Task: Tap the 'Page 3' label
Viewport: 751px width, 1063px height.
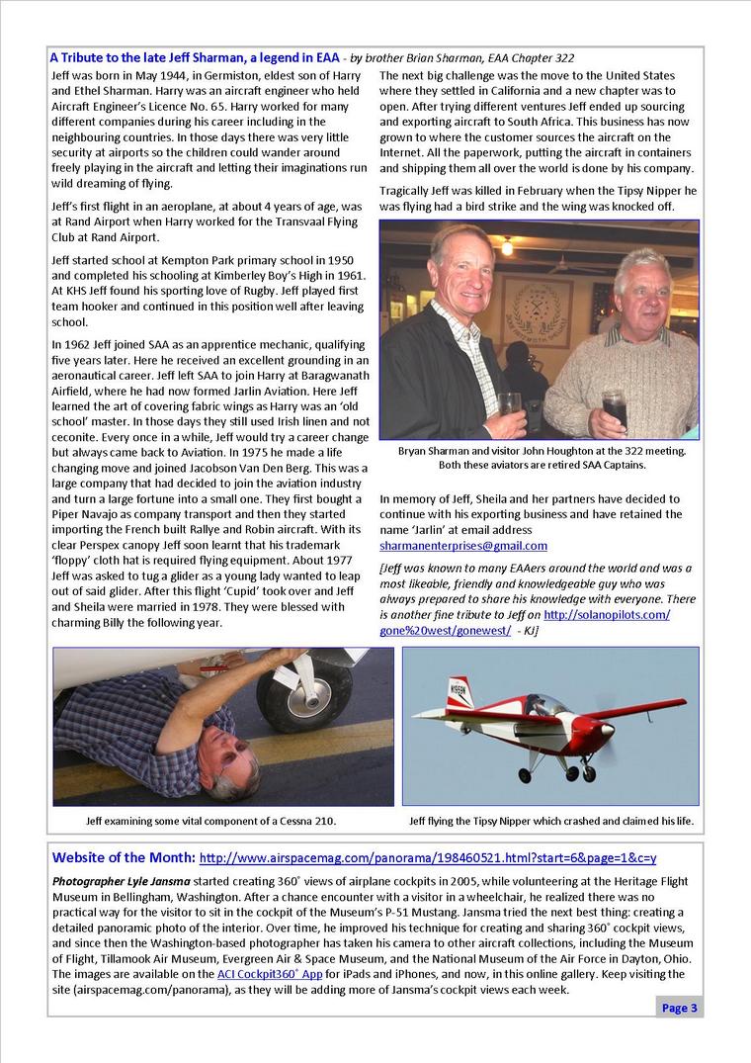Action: click(x=680, y=1008)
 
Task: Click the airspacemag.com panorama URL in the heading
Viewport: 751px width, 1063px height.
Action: click(x=427, y=858)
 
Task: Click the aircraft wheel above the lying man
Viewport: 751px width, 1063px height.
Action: click(x=290, y=691)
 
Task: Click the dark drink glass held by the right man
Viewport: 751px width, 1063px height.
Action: click(x=614, y=406)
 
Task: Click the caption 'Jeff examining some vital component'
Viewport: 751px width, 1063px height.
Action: click(x=210, y=822)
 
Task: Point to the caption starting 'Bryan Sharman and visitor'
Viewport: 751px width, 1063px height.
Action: click(x=541, y=451)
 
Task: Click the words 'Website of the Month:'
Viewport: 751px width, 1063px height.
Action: click(x=124, y=857)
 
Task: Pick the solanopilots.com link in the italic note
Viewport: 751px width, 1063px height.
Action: click(x=607, y=614)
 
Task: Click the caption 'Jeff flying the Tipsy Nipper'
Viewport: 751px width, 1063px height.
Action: click(x=551, y=822)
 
